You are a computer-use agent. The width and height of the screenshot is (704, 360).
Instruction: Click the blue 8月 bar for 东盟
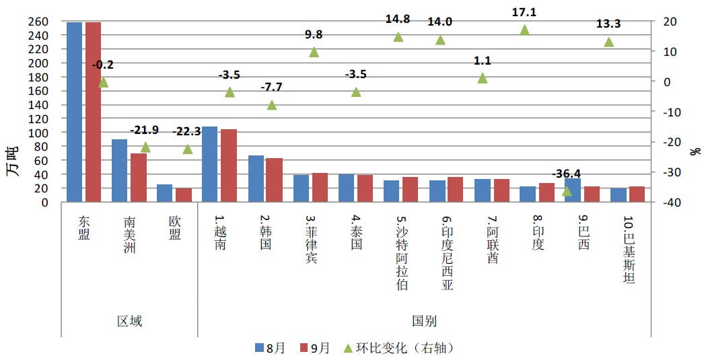(74, 112)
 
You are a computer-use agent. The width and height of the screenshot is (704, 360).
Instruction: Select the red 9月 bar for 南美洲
(139, 178)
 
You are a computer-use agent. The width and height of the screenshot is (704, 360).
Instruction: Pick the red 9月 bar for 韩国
(275, 180)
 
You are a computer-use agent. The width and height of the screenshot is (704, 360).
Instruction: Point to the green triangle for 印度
(524, 30)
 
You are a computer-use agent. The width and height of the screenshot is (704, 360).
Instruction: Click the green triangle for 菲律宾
(314, 52)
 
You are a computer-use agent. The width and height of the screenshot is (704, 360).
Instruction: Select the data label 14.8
(397, 19)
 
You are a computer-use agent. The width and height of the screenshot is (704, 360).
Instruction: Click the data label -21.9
(143, 129)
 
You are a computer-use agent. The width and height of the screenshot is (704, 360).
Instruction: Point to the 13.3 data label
(608, 24)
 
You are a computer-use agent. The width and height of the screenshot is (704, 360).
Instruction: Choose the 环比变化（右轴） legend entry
(397, 348)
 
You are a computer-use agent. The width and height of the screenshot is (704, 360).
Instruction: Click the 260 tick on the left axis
(38, 22)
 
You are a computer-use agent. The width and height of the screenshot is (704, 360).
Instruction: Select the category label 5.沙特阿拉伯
(402, 252)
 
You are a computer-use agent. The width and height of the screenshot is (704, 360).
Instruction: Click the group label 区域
(129, 321)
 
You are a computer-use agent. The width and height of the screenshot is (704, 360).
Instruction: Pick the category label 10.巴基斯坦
(629, 250)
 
